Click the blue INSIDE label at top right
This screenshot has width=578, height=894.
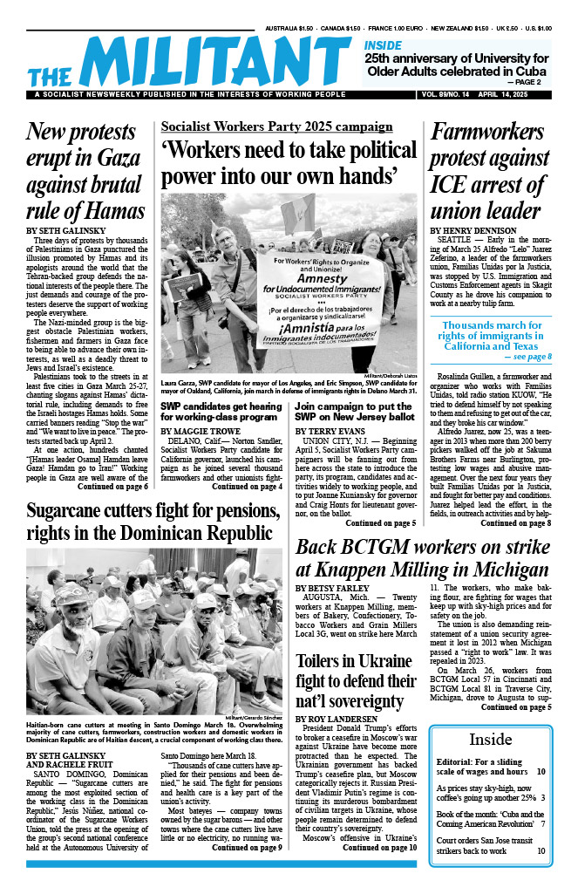click(x=383, y=45)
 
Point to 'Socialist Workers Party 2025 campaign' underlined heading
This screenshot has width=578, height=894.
click(x=276, y=127)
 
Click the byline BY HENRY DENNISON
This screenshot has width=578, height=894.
click(x=476, y=231)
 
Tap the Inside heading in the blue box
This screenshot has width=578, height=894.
click(x=490, y=740)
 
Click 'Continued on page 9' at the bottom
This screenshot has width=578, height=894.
click(x=247, y=847)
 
